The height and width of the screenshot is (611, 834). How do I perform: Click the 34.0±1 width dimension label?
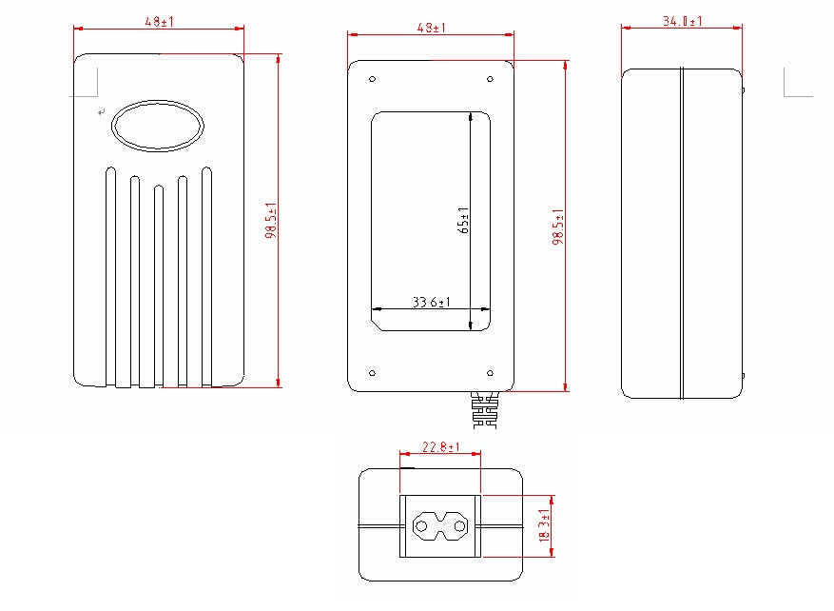(x=682, y=22)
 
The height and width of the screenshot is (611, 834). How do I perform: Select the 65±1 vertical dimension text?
(x=464, y=220)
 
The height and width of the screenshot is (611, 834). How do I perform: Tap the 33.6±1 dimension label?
(x=432, y=303)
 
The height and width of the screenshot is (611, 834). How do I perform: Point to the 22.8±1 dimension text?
(x=440, y=447)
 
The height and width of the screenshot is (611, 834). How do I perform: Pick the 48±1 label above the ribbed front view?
(x=159, y=22)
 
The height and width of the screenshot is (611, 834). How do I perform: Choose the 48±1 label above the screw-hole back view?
(x=431, y=28)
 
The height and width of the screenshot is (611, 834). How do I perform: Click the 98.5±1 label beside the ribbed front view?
(x=271, y=222)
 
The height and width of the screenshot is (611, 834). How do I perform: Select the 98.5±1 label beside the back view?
(x=558, y=227)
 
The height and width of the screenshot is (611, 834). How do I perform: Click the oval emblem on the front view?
(x=157, y=126)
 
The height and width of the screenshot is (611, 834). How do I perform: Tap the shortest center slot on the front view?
(x=158, y=286)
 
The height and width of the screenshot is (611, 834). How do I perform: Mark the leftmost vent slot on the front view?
(x=110, y=276)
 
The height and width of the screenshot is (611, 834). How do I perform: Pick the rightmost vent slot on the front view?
(x=206, y=276)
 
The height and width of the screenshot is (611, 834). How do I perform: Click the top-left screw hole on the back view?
(x=373, y=79)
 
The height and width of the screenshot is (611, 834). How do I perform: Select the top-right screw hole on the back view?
(x=490, y=79)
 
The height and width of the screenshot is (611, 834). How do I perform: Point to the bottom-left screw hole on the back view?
(x=373, y=372)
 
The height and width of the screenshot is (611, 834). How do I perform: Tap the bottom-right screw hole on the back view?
(x=490, y=372)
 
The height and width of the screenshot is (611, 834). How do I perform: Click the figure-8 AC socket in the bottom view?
(x=440, y=525)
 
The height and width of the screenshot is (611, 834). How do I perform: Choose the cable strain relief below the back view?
(x=484, y=410)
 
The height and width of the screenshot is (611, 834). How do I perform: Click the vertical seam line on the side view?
(x=681, y=233)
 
